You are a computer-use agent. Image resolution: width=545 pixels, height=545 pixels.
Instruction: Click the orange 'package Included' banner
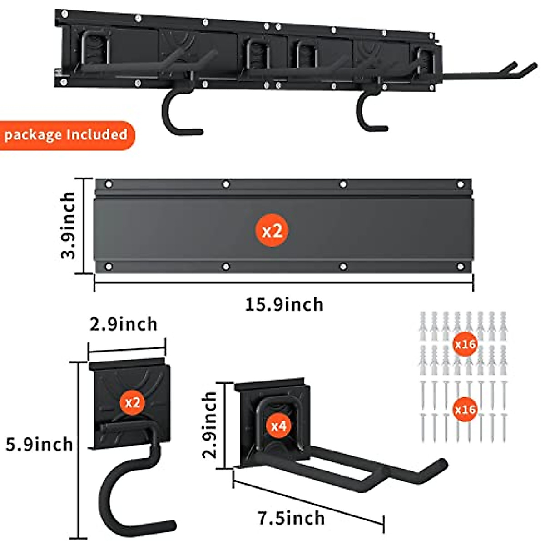[66, 135]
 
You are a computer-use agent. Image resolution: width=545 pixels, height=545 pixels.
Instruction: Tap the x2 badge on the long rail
[272, 231]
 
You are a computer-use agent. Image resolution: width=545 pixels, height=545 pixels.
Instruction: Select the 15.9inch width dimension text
[284, 304]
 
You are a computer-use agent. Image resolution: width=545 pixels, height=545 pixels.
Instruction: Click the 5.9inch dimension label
[40, 444]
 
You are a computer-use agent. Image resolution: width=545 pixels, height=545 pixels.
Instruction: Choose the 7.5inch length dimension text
[292, 518]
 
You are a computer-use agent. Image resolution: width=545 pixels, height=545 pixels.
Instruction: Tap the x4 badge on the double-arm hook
[278, 426]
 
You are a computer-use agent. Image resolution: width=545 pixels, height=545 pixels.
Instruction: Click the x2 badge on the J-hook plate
[132, 402]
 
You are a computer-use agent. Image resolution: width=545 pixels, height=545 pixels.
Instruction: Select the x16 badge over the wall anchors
[465, 344]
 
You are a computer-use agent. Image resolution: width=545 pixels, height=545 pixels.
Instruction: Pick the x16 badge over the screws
[465, 410]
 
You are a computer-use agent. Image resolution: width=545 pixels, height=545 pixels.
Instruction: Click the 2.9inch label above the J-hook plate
[124, 324]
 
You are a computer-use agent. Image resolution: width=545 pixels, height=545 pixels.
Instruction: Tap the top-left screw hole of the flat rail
[109, 184]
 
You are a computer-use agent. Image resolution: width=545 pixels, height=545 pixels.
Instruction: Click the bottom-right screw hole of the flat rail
[460, 267]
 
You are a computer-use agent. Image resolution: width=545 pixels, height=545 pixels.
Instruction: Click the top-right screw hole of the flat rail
[461, 184]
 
